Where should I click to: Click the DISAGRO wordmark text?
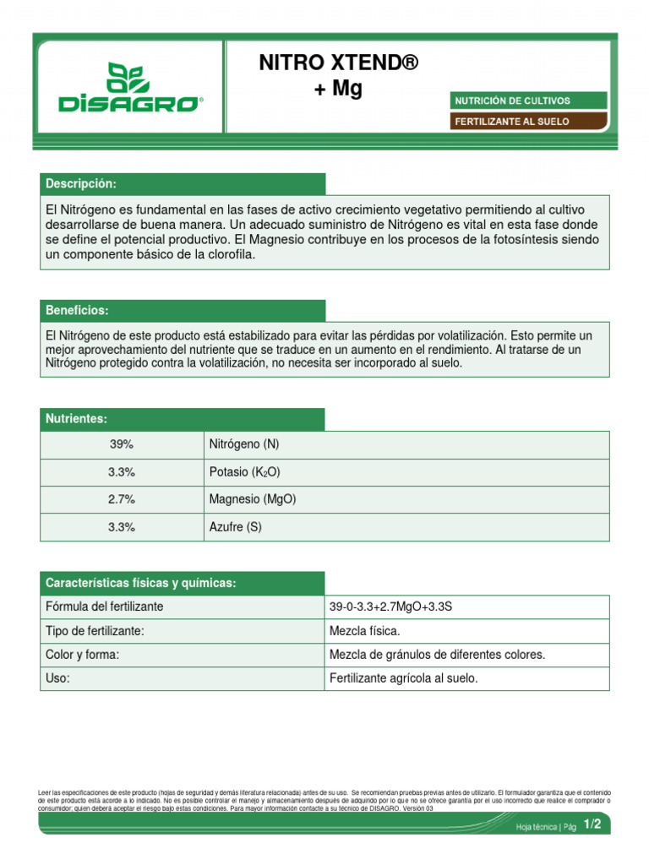tap(130, 104)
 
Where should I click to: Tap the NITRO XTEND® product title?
tap(338, 63)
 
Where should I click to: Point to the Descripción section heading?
tap(81, 184)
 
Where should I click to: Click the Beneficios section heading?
tap(77, 310)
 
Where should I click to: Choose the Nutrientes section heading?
tap(76, 419)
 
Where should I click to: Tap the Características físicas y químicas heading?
tap(140, 583)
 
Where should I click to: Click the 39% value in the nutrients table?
tap(122, 444)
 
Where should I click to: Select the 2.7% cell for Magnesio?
tap(122, 499)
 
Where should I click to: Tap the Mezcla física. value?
tap(364, 631)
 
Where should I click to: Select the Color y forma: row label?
tap(82, 655)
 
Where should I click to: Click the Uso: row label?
tap(57, 678)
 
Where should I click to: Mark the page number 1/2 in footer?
tap(592, 825)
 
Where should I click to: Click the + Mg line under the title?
tap(338, 89)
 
